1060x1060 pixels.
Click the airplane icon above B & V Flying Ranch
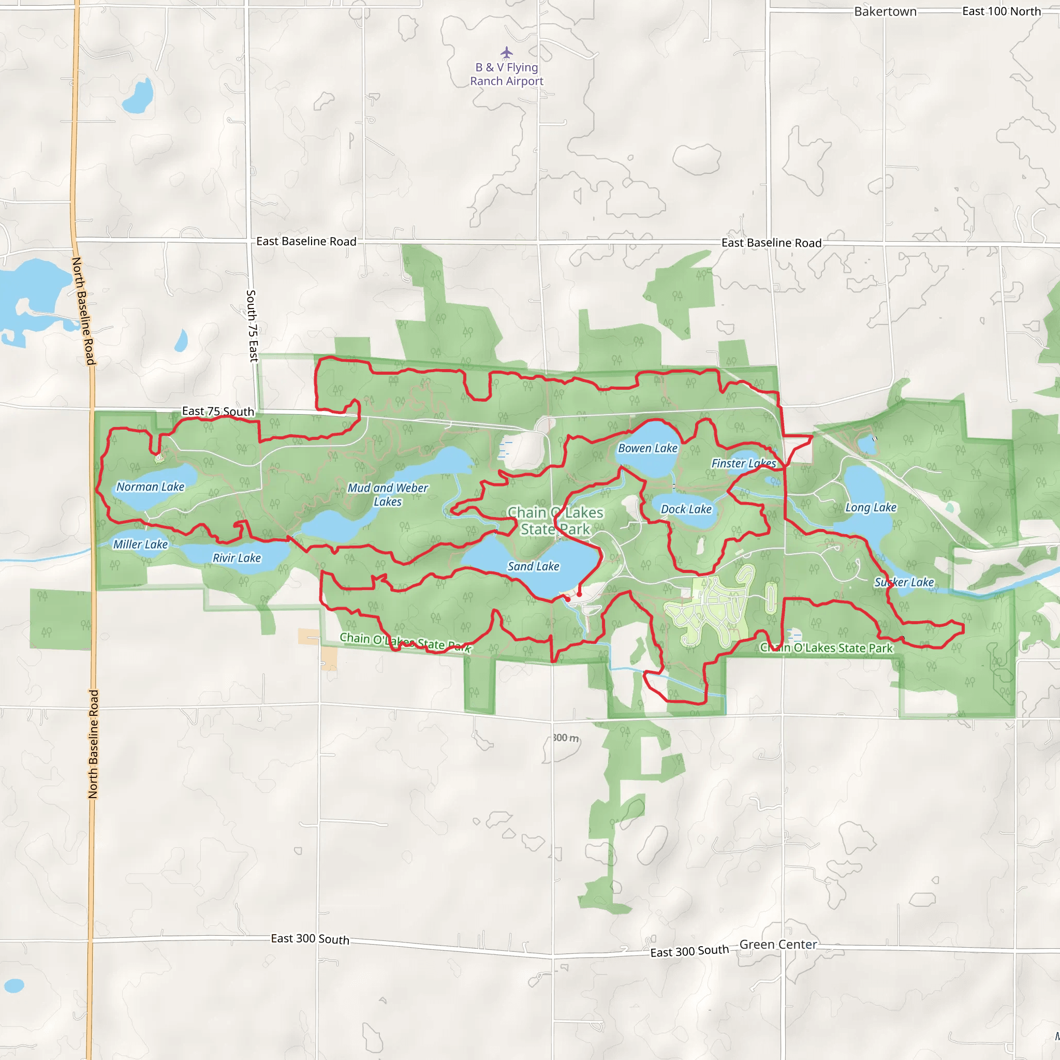point(506,53)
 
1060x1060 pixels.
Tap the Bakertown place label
point(885,11)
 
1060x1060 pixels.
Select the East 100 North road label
point(1002,11)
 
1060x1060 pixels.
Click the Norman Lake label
point(150,487)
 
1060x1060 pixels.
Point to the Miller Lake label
point(140,544)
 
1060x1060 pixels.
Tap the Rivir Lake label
point(237,558)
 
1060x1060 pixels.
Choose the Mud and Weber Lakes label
point(388,494)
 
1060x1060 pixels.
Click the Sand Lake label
point(533,566)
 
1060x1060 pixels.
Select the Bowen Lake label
point(647,448)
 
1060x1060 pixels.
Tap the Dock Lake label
point(686,509)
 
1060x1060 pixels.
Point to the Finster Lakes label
point(743,463)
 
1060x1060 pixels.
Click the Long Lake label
point(871,508)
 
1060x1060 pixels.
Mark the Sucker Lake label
point(904,582)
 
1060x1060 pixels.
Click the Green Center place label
point(778,944)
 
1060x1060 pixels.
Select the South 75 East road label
point(252,326)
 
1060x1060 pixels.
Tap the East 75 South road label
point(218,411)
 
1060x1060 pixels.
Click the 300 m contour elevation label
point(565,738)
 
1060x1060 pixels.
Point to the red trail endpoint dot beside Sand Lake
point(579,594)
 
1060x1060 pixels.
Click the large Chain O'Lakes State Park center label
point(555,521)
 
